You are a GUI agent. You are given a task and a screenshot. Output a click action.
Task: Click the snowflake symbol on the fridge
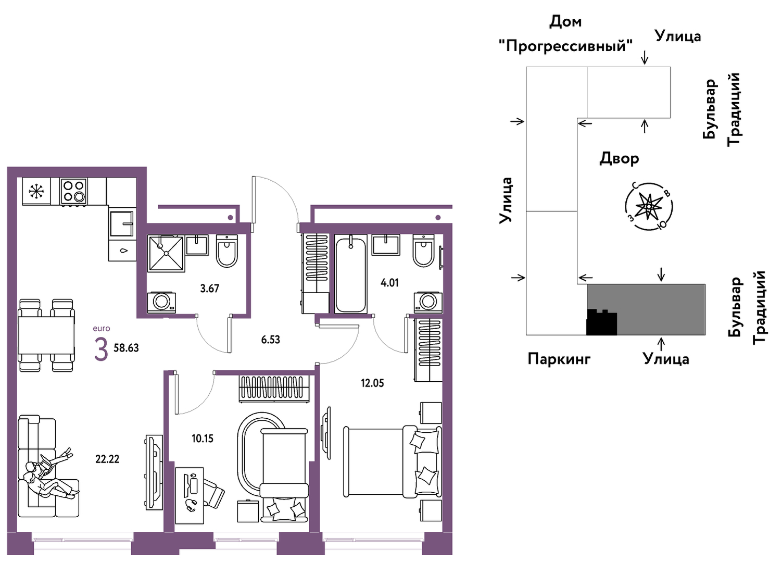click(36, 191)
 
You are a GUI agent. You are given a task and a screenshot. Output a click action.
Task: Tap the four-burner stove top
click(73, 191)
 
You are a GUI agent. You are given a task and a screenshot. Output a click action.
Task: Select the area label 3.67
click(209, 289)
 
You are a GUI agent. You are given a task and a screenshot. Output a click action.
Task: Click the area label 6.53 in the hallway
click(271, 340)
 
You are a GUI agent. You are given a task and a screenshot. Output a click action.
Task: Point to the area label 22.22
click(108, 459)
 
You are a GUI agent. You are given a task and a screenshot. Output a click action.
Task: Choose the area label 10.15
click(203, 439)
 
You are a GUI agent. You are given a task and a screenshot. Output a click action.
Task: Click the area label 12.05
click(372, 383)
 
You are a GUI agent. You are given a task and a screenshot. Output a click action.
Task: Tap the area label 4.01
click(389, 283)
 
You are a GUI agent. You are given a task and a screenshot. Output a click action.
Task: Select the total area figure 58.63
click(126, 348)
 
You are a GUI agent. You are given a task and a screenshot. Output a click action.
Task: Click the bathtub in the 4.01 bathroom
click(351, 274)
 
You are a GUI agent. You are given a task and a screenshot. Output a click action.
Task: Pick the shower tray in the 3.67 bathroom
click(166, 253)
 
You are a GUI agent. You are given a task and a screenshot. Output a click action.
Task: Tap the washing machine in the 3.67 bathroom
click(161, 302)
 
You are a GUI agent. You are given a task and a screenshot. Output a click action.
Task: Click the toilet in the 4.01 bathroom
click(423, 251)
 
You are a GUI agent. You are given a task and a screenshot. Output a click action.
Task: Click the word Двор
click(620, 158)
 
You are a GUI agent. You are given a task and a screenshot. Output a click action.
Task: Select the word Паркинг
click(559, 359)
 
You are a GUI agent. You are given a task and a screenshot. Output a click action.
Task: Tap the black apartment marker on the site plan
click(601, 322)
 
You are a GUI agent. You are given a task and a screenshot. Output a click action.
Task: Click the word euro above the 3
click(101, 328)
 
